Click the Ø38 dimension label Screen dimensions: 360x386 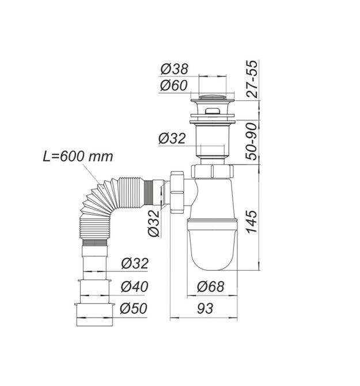pos(174,69)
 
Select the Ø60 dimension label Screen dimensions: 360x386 pos(174,85)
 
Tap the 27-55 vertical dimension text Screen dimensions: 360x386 pos(252,79)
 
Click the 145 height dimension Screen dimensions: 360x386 pos(252,222)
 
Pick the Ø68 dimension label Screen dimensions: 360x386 pos(211,287)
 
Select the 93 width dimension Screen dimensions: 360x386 pos(204,308)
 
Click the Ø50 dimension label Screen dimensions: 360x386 pos(134,308)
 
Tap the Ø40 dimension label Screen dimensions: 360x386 pos(135,286)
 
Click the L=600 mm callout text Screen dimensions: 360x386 pos(78,156)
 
